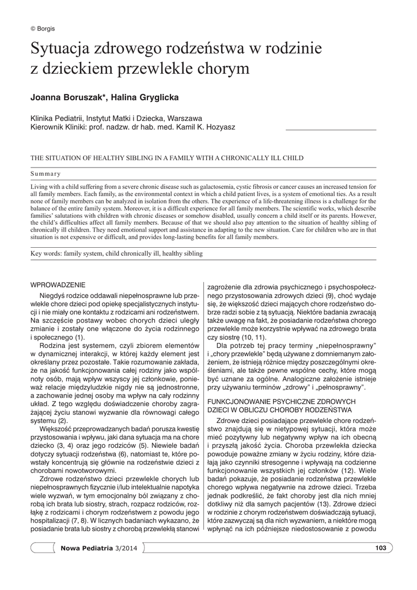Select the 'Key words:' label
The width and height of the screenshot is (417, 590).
[x=48, y=253]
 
